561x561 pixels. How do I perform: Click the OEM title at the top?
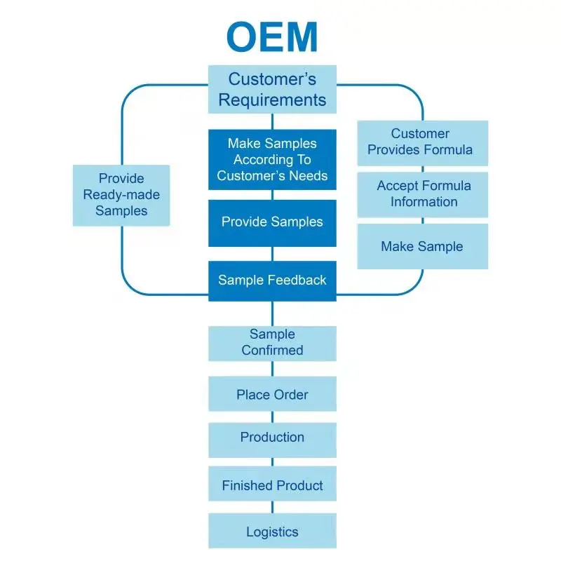272,36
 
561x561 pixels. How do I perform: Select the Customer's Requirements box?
272,89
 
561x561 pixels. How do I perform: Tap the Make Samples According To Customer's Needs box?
272,159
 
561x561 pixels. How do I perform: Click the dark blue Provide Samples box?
272,222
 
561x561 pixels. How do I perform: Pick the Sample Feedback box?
272,280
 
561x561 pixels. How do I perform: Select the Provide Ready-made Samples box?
121,195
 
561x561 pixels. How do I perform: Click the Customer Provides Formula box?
422,142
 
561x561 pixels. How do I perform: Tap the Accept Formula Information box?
422,194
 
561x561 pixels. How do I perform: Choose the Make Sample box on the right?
422,246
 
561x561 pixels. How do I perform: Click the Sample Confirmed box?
272,343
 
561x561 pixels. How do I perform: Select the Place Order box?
272,394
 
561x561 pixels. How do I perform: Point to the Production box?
272,438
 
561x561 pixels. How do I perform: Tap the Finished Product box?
272,485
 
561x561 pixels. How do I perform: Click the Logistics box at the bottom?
272,532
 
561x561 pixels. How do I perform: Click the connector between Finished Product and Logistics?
272,508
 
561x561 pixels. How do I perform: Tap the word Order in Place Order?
291,395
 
